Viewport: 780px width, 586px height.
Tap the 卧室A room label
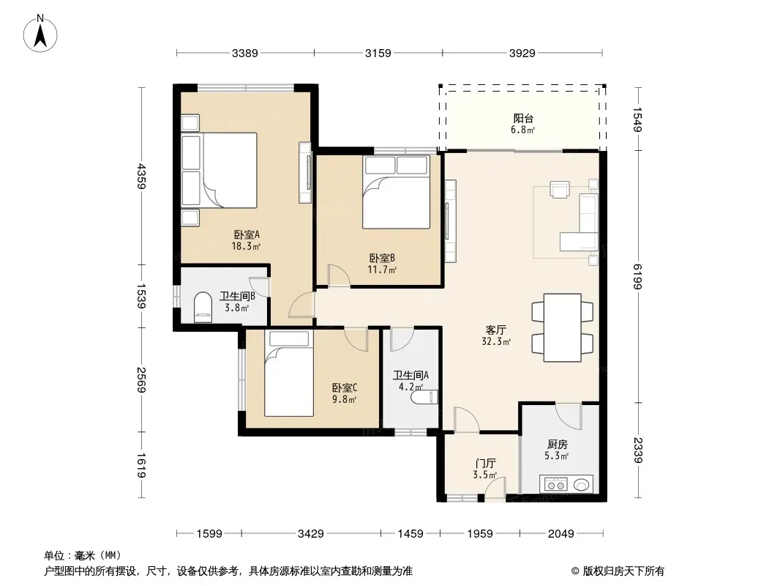[247, 234]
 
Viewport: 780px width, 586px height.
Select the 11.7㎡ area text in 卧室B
[382, 270]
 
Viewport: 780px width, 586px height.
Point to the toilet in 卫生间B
[203, 306]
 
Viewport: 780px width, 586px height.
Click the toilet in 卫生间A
[424, 397]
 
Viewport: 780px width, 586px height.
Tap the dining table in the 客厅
[562, 327]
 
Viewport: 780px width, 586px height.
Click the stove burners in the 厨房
[555, 484]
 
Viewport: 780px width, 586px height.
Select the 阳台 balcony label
[523, 119]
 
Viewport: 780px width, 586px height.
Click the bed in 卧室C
[288, 374]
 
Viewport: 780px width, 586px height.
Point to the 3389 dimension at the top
[244, 53]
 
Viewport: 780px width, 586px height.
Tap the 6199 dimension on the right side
[638, 276]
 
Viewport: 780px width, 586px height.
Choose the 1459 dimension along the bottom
[410, 534]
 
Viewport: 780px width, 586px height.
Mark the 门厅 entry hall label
[485, 464]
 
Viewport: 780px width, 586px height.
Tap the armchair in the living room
[560, 189]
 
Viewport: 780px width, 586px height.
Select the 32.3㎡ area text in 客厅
[496, 341]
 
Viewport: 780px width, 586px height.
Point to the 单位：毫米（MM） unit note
[83, 555]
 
